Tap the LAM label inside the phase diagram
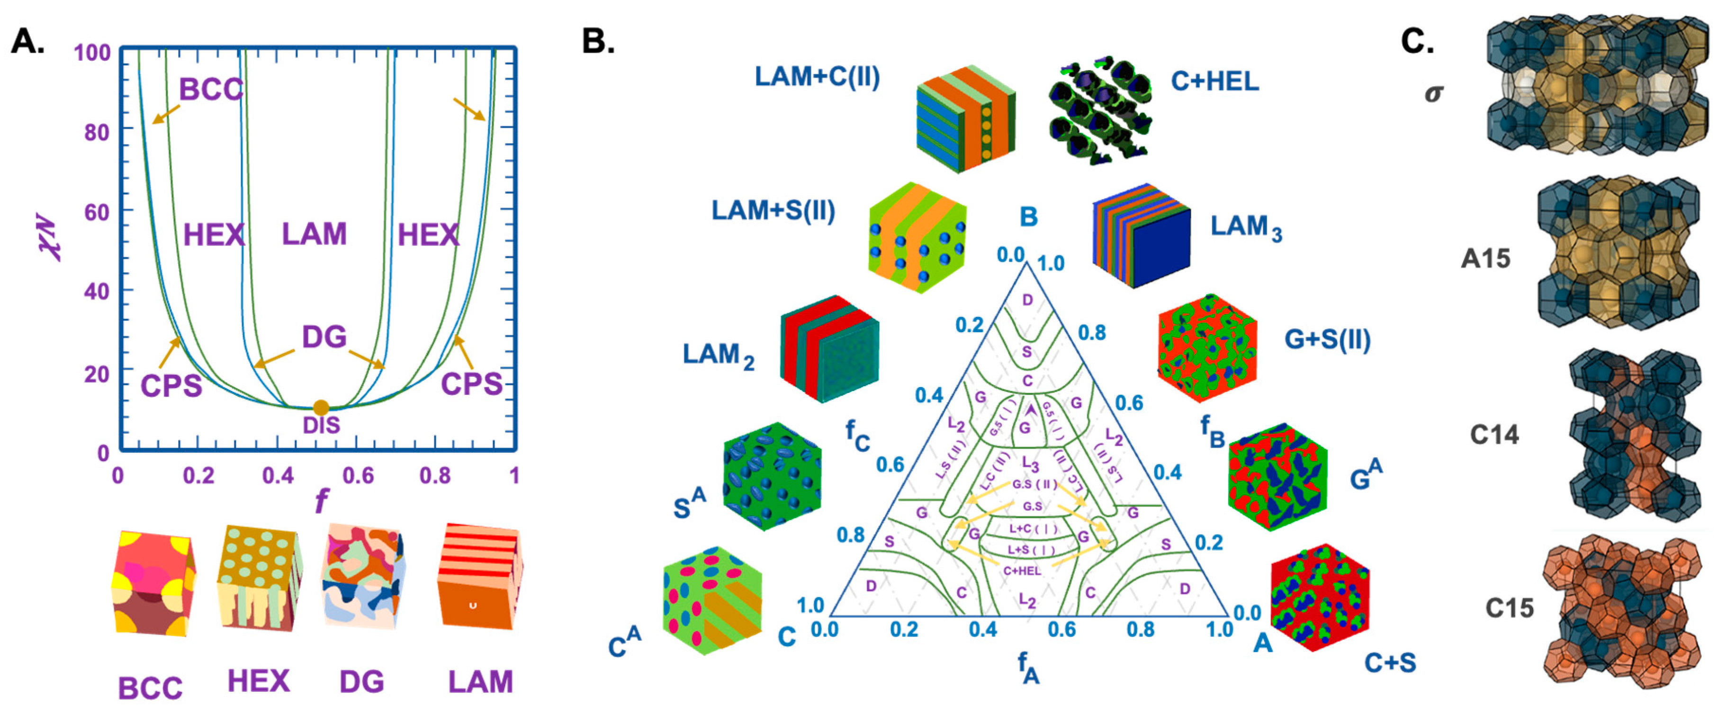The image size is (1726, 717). (314, 234)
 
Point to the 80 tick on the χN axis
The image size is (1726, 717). (97, 132)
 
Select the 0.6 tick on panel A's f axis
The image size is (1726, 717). (358, 476)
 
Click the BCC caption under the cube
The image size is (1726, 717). (150, 688)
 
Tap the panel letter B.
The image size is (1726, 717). (598, 42)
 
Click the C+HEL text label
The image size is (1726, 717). (1214, 81)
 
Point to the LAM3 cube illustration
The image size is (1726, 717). (1141, 235)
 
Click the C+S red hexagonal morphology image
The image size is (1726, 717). (1319, 598)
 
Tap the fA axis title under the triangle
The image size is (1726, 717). (1028, 667)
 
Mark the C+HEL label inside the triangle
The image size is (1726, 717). (1022, 570)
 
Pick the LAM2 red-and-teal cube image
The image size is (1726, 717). (829, 348)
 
